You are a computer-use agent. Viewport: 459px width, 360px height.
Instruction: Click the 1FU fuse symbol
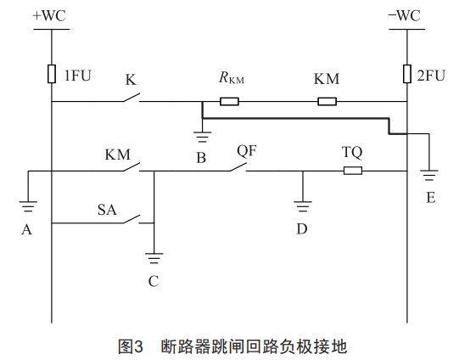click(52, 74)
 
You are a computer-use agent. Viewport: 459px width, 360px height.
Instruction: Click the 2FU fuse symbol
click(407, 74)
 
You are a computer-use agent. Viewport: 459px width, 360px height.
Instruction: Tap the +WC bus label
click(49, 15)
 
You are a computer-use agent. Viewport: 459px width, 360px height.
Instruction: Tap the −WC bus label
click(405, 15)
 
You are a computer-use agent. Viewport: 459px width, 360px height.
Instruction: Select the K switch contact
click(132, 98)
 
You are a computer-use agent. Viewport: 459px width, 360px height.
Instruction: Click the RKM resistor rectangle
click(229, 101)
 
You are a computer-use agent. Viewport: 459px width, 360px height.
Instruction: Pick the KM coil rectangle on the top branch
click(327, 101)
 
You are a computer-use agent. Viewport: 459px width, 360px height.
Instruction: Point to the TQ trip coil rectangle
click(353, 171)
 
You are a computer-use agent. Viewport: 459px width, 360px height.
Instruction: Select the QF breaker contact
click(238, 167)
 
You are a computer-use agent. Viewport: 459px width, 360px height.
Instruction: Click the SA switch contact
click(132, 219)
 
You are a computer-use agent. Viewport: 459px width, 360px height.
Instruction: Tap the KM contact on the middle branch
click(132, 167)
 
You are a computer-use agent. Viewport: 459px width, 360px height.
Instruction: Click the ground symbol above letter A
click(28, 206)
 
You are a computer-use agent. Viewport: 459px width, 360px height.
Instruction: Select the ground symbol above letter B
click(202, 137)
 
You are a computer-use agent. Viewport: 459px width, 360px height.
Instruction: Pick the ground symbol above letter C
click(154, 258)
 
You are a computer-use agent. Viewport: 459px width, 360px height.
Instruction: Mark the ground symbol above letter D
click(303, 206)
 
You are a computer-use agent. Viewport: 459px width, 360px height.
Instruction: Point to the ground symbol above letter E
click(429, 175)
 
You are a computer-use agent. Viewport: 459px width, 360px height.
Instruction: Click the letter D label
click(302, 228)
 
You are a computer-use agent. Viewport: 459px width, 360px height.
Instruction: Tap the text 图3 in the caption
click(131, 346)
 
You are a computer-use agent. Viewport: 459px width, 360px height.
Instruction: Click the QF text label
click(247, 151)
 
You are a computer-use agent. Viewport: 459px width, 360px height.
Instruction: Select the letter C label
click(154, 281)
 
